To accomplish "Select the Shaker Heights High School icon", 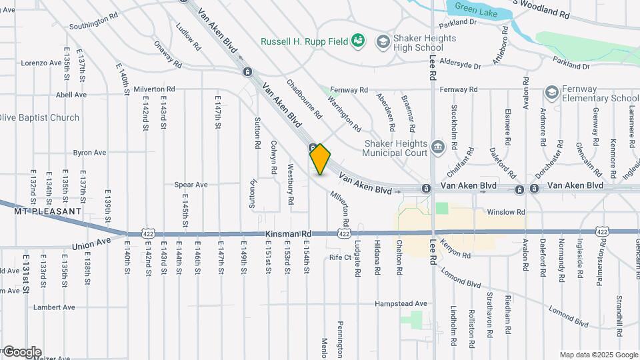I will [383, 42].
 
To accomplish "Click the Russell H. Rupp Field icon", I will [358, 41].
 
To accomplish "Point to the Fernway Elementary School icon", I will [551, 92].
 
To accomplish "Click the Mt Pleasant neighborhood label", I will [47, 211].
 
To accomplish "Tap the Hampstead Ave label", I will [401, 304].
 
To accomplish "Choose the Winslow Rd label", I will [501, 212].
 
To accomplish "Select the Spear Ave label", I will [191, 185].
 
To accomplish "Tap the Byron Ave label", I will [89, 153].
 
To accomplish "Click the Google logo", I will [22, 351].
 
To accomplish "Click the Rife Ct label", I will [340, 257].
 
